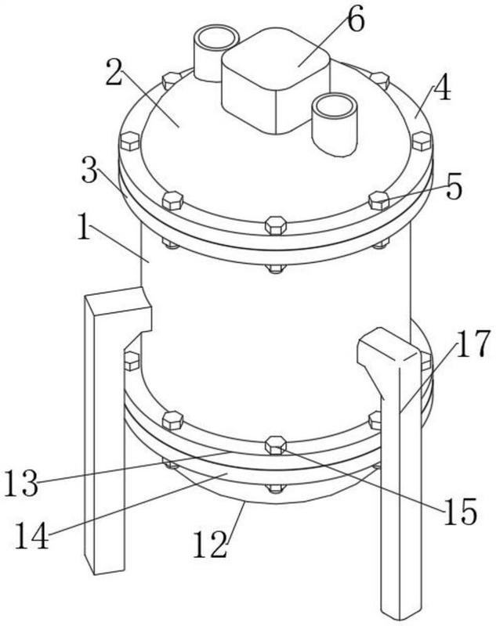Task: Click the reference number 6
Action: click(356, 21)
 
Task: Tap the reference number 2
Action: click(114, 73)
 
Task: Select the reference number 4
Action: click(442, 88)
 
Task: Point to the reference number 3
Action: click(90, 170)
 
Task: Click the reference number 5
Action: click(454, 186)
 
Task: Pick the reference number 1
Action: click(85, 227)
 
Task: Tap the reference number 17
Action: click(472, 344)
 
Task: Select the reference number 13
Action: click(22, 484)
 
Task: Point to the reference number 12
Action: click(210, 545)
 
